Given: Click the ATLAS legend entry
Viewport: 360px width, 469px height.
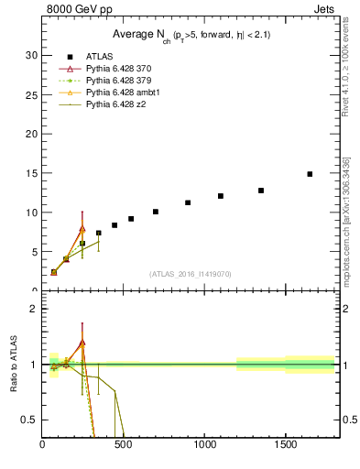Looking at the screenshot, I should point(99,57).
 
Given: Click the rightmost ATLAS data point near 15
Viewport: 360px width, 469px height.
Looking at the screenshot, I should point(310,174).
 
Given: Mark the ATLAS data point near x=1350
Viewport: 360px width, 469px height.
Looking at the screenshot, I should point(261,191).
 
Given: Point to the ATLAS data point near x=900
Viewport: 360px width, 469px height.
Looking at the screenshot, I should point(188,202).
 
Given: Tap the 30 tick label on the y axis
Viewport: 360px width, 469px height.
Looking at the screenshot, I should point(30,55).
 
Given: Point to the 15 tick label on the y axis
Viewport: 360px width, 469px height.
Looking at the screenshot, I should point(30,173).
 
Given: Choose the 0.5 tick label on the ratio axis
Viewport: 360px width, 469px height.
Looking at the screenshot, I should point(28,420).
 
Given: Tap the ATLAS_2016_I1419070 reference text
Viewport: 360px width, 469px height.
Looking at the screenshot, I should point(191,274).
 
